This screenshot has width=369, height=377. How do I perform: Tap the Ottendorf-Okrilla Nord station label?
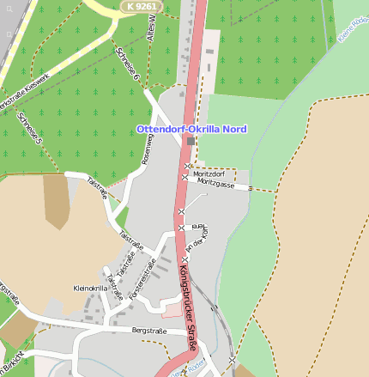[x=191, y=129]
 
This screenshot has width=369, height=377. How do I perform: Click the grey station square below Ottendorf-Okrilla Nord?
[x=191, y=141]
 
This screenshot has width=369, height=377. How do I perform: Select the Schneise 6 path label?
[x=127, y=64]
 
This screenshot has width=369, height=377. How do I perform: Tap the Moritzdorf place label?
[x=209, y=173]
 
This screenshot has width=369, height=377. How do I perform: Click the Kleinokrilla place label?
[x=91, y=288]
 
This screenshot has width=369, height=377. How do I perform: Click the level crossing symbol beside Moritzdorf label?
[x=188, y=166]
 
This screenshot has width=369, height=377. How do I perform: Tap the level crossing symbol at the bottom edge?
[x=232, y=362]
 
